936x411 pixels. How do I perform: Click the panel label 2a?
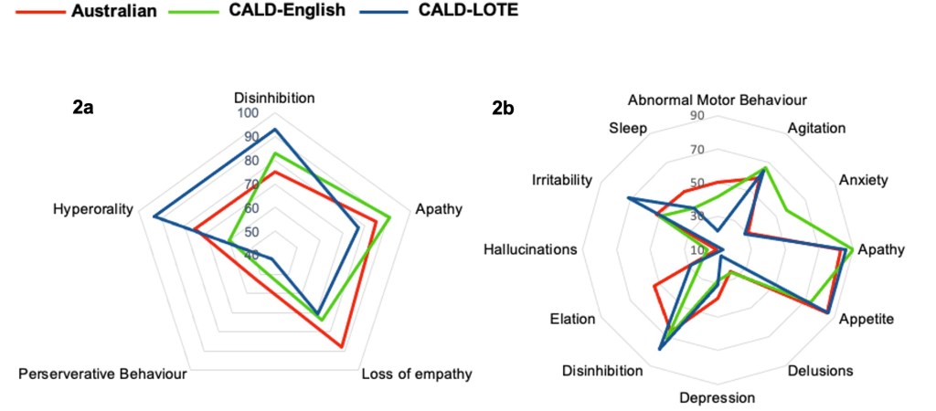pos(82,108)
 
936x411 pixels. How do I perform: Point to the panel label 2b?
pos(503,108)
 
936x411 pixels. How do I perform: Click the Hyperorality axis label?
pos(93,209)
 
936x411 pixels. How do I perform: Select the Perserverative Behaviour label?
pos(103,374)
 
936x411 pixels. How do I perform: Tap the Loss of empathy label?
pos(416,374)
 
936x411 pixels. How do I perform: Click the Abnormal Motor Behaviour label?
pos(718,100)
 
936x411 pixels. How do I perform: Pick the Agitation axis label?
pos(816,129)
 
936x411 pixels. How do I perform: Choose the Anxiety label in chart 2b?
pos(863,180)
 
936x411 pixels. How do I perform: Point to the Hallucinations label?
pos(531,249)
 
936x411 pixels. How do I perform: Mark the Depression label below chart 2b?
pos(718,397)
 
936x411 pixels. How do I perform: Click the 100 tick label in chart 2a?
pos(249,114)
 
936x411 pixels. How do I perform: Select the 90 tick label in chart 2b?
pos(697,116)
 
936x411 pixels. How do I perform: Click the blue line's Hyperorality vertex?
pos(154,216)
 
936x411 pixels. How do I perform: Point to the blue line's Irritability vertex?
pos(628,198)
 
